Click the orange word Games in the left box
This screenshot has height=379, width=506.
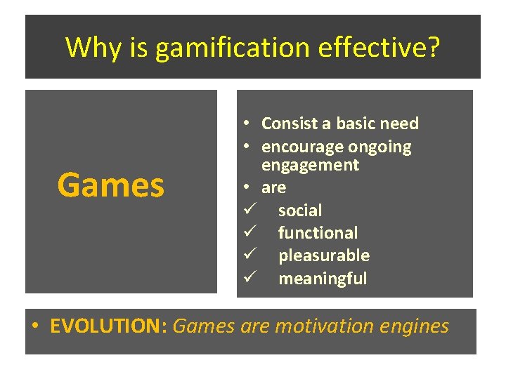coord(111,185)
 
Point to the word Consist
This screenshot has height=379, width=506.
coord(289,124)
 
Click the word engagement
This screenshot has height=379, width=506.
coord(310,165)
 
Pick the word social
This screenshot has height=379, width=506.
coord(300,211)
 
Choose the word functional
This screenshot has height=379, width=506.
coord(318,233)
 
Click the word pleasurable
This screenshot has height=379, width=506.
coord(323,255)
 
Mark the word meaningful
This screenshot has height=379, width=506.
coord(323,279)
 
